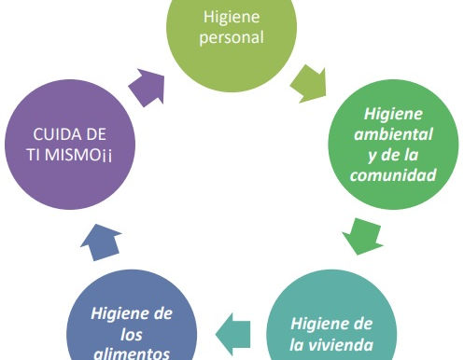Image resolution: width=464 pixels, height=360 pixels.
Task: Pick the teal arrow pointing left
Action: click(x=237, y=325)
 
